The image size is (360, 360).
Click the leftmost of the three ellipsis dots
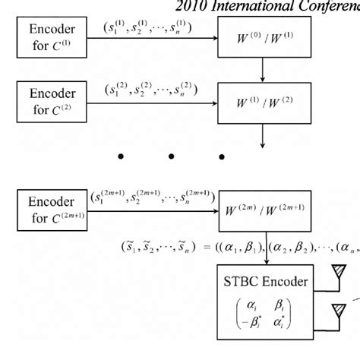[x=120, y=157]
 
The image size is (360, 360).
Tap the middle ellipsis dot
[x=172, y=157]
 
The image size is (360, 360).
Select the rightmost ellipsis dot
[x=222, y=157]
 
